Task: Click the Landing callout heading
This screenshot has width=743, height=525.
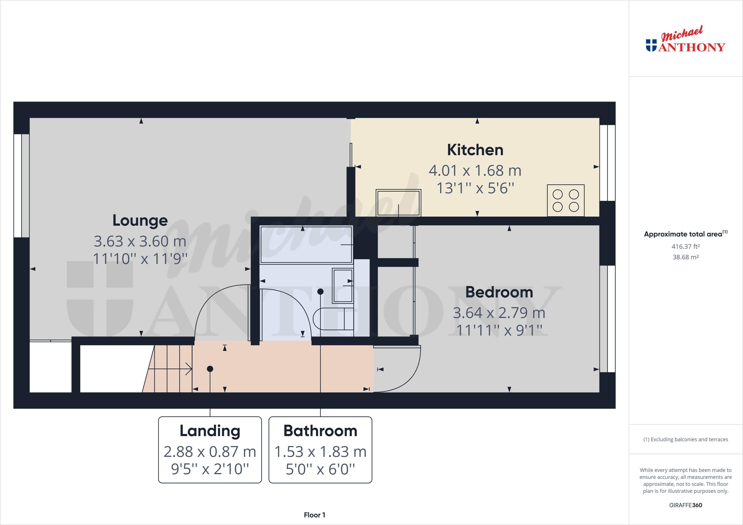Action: [210, 431]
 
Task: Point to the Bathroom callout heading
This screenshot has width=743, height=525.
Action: [320, 431]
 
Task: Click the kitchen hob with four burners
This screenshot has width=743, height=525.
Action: [565, 200]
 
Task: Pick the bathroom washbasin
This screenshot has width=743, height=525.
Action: [343, 286]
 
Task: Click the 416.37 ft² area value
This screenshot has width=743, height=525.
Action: [685, 246]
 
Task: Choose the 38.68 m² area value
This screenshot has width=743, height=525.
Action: [685, 257]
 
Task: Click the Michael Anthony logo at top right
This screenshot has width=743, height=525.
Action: [685, 40]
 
